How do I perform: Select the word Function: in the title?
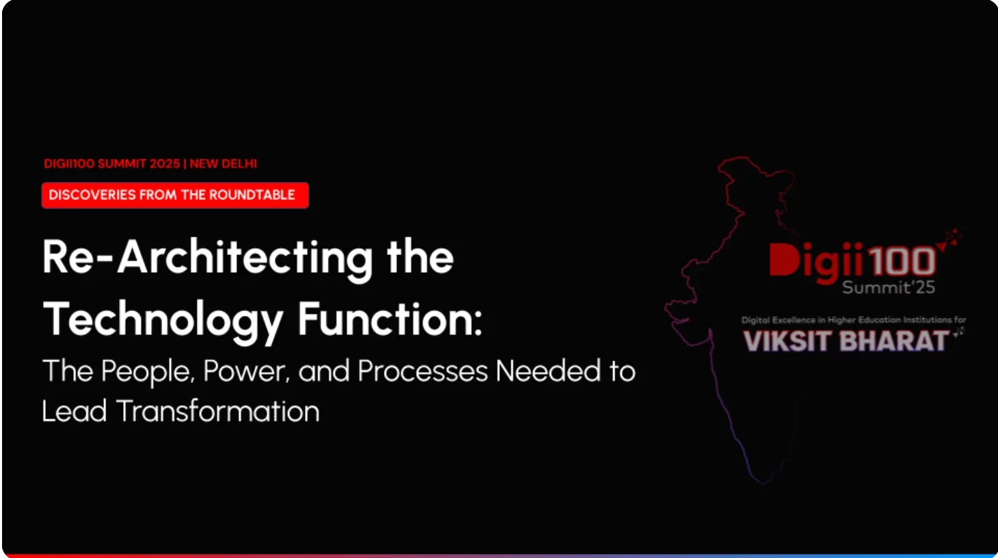tap(390, 318)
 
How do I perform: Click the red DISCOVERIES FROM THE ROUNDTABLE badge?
tap(175, 195)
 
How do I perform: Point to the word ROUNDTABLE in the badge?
tap(252, 195)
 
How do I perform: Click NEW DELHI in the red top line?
tap(224, 163)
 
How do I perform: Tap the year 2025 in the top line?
tap(165, 163)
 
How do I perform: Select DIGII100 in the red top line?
tap(69, 163)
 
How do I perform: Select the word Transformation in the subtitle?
tap(218, 410)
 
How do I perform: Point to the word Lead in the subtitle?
tap(75, 410)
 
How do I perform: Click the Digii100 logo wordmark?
tap(852, 263)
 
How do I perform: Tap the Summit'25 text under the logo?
tap(889, 288)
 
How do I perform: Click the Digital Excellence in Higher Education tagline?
tap(854, 320)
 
